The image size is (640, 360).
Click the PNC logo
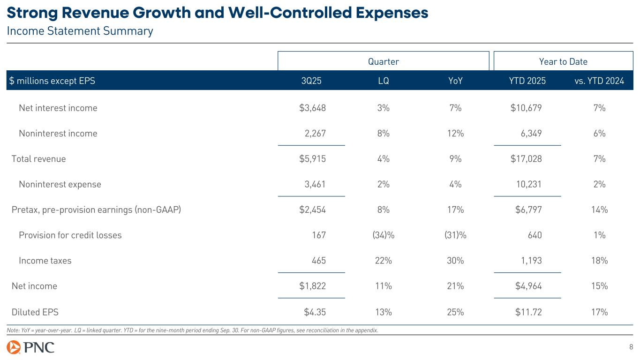pos(30,347)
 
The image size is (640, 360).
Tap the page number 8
pos(631,347)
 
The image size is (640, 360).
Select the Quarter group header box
pos(383,61)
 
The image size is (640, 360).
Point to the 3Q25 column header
pos(311,81)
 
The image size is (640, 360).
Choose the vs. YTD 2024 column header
pos(599,81)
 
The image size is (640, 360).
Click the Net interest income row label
pos(58,108)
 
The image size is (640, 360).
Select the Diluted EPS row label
pos(35,312)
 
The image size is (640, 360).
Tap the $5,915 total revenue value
pos(312,158)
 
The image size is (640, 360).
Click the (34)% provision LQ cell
pos(383,235)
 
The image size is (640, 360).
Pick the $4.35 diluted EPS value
pos(312,312)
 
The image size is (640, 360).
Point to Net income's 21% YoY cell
pos(455,286)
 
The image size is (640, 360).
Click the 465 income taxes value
pos(319,261)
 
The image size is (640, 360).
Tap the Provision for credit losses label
pos(70,235)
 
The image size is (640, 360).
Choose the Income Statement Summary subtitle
pos(80,31)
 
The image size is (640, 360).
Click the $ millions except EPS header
pos(52,81)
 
